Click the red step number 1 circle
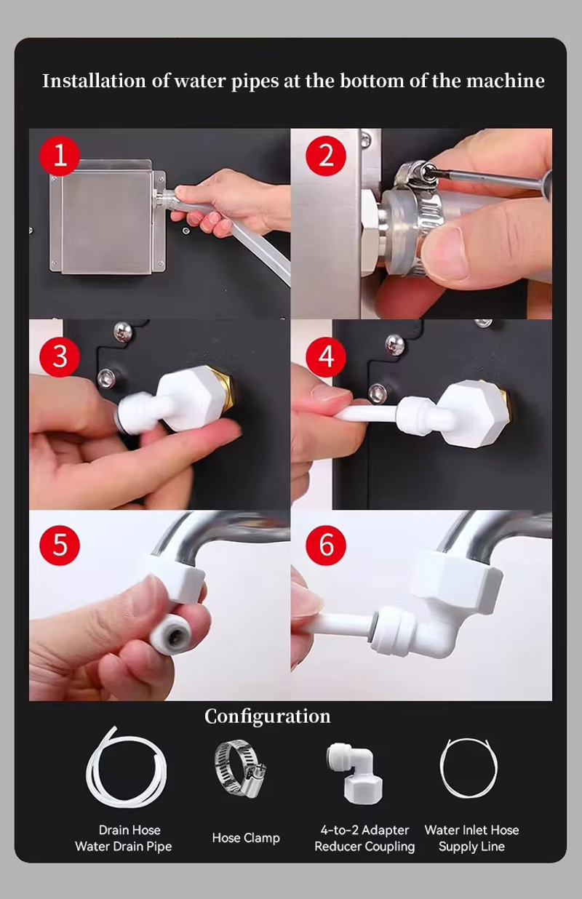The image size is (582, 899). coord(60,156)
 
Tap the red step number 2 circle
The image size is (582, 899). coord(325,156)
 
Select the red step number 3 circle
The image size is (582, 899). coord(60,356)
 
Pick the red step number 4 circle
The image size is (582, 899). coord(325,356)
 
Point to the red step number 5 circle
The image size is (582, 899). coord(60,545)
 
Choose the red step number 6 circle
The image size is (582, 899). coord(325,545)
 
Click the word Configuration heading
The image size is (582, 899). coord(267,717)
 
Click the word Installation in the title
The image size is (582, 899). coord(94,81)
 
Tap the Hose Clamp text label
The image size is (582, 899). coord(246,838)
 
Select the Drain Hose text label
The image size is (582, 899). coord(129,830)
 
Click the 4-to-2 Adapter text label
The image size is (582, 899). coord(364,830)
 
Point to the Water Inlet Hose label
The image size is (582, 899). coord(471,830)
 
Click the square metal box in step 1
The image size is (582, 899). coord(107,217)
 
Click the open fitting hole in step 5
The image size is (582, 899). coord(176,637)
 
